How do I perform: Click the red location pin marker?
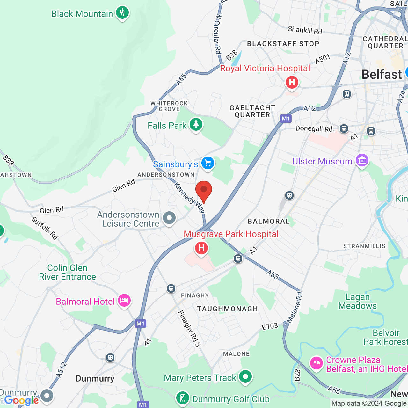click(x=203, y=191)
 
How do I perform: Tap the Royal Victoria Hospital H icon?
click(x=292, y=82)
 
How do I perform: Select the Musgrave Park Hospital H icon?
click(x=201, y=248)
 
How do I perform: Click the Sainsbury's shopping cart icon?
click(x=208, y=163)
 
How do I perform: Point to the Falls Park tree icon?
click(x=196, y=124)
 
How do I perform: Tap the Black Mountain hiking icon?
click(x=122, y=13)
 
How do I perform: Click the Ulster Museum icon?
click(x=362, y=160)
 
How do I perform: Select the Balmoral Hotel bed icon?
click(x=124, y=300)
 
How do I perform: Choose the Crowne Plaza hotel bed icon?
click(x=316, y=363)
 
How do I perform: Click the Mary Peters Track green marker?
click(x=245, y=377)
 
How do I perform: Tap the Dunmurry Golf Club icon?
click(x=182, y=398)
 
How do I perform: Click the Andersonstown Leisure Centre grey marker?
click(x=169, y=218)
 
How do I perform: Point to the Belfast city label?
click(x=382, y=75)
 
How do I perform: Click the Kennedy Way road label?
click(x=190, y=197)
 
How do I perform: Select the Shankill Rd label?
click(x=305, y=30)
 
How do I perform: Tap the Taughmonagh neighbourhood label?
click(x=227, y=309)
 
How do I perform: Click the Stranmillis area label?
click(x=364, y=246)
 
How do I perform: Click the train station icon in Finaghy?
click(x=171, y=288)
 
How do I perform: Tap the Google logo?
click(x=21, y=400)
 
